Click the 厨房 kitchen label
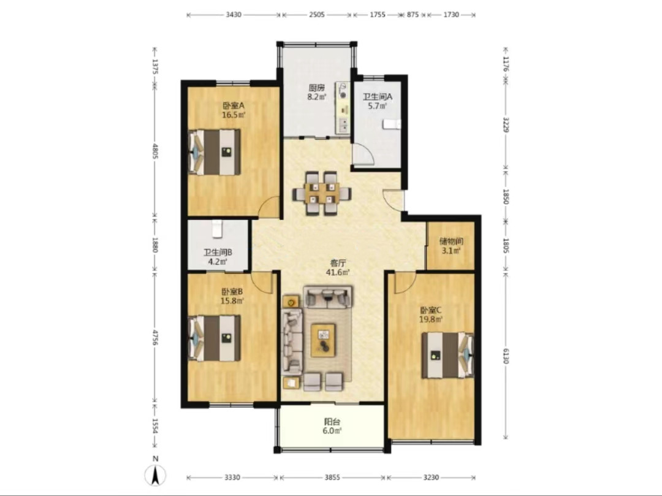tap(317, 88)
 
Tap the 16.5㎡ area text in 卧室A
tap(234, 115)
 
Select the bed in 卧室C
tap(447, 355)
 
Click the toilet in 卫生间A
tap(391, 124)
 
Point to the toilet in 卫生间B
tap(216, 228)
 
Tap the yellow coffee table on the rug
tap(324, 340)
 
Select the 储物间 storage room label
tap(451, 242)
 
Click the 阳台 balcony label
tap(332, 422)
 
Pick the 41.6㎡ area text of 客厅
tap(338, 272)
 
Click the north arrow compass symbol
tap(155, 475)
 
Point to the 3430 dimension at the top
tap(234, 15)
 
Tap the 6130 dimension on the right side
tap(506, 356)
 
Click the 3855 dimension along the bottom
tap(332, 478)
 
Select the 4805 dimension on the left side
tap(155, 151)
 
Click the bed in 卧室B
tap(214, 338)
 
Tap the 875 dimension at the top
tap(413, 15)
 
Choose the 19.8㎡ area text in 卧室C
tap(431, 319)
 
